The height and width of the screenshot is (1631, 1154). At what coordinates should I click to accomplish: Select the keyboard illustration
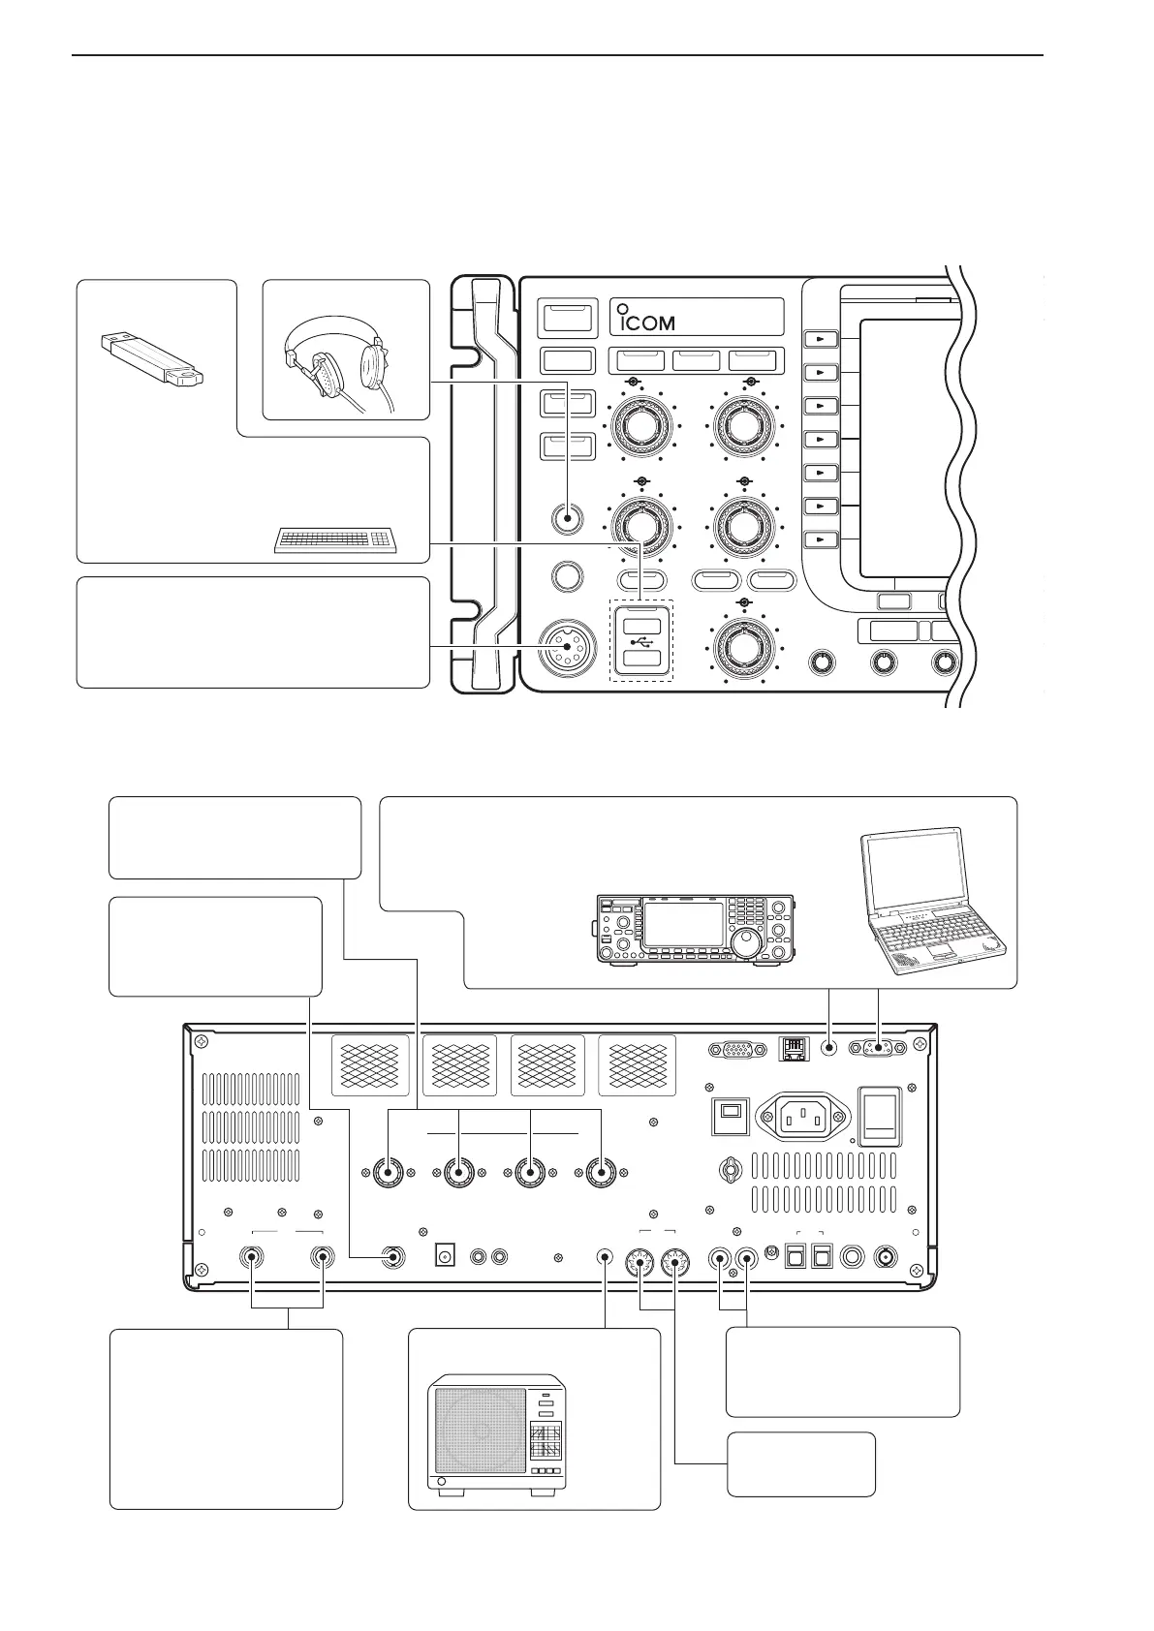coord(335,540)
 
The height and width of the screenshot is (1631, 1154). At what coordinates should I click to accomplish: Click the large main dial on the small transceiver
coord(747,946)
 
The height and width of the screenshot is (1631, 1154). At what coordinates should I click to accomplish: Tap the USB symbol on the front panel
coord(639,641)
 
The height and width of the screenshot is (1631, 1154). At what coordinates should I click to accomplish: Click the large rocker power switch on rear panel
coord(881,1117)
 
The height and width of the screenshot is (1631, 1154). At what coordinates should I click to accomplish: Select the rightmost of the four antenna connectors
coord(602,1174)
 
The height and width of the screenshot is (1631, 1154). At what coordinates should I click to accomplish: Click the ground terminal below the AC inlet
coord(729,1170)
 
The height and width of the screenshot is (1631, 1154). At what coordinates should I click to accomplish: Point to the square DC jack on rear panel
coord(447,1257)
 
